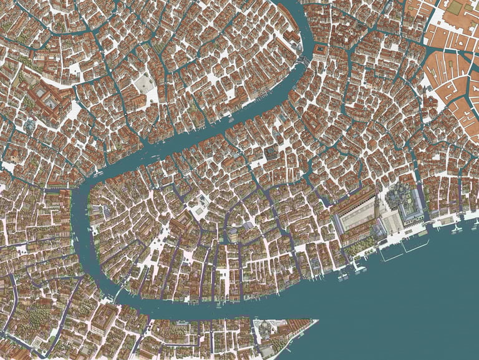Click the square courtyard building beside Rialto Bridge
tap(320, 50)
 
